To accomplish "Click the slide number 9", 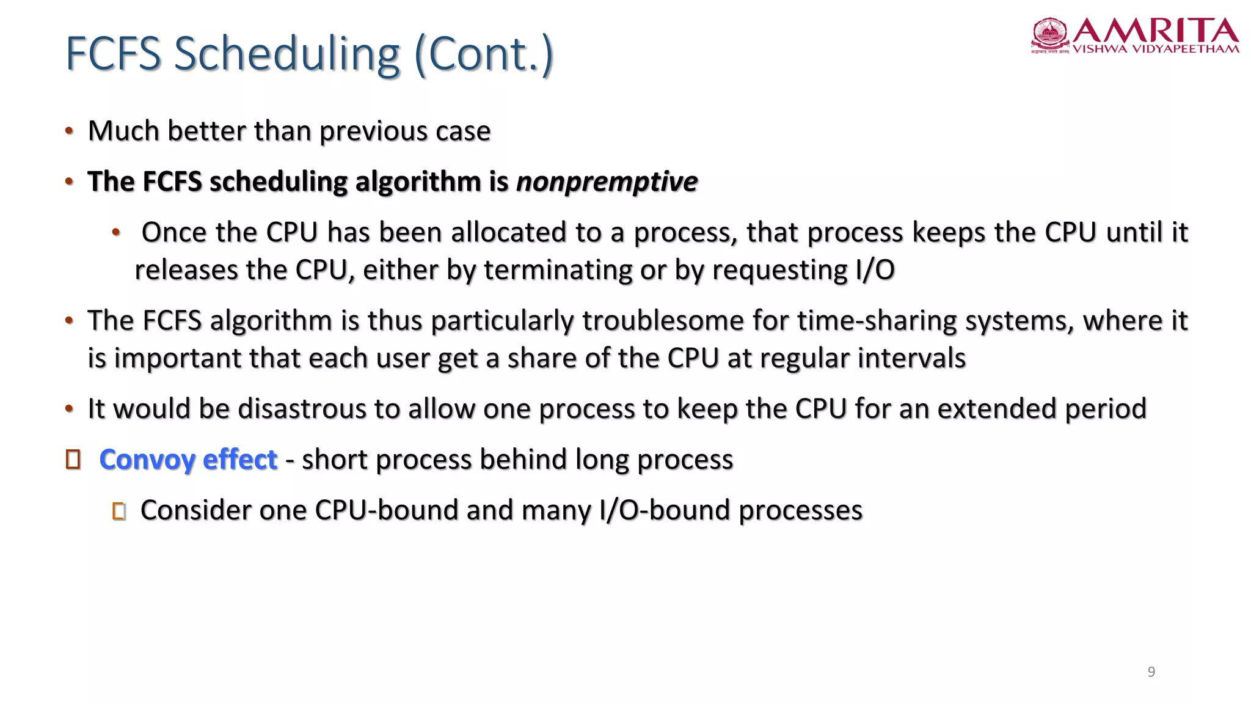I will [x=1151, y=672].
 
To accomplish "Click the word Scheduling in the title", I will [x=287, y=54].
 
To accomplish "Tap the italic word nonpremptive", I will [x=607, y=182].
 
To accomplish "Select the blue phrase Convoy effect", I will [x=188, y=460].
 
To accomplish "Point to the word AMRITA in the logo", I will [x=1156, y=31].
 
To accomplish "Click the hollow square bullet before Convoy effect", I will [x=73, y=460].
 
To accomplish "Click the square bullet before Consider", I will [x=119, y=511].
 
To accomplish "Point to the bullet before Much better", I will [x=70, y=131].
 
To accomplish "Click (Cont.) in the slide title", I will [x=484, y=54].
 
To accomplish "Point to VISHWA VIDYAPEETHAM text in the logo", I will [x=1156, y=49].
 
